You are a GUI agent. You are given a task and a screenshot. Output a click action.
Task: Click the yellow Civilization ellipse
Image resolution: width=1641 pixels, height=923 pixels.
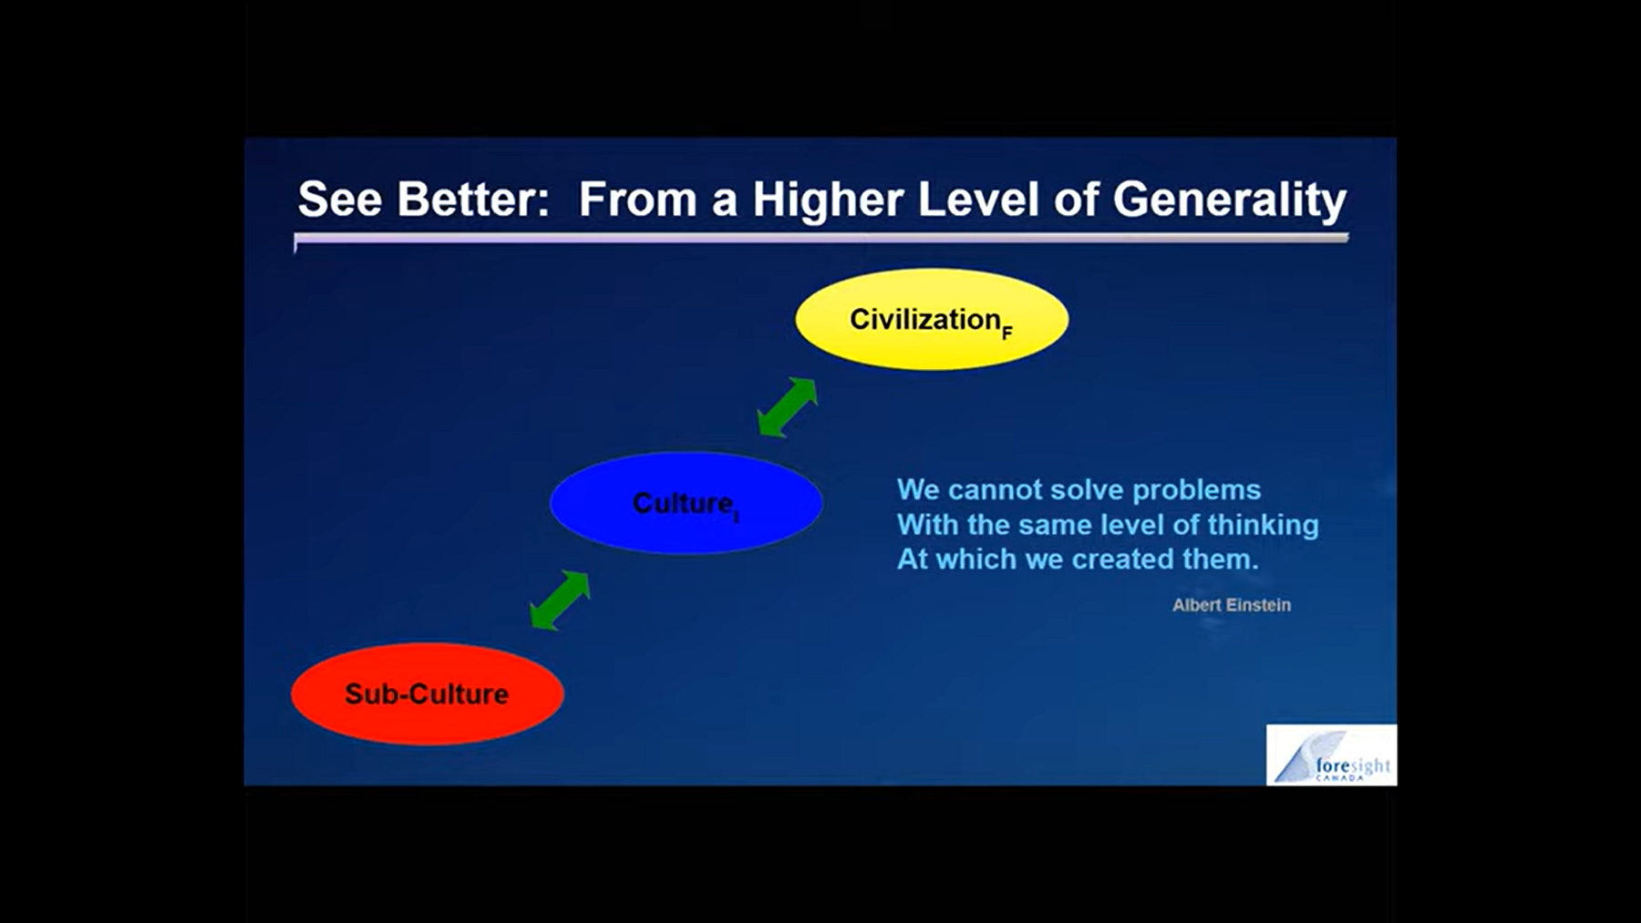pyautogui.click(x=932, y=319)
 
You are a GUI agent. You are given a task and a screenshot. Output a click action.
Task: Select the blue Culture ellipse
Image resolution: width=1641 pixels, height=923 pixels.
pyautogui.click(x=686, y=503)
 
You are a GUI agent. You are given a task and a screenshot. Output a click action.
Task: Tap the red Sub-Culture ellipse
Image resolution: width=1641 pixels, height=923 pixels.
pyautogui.click(x=428, y=694)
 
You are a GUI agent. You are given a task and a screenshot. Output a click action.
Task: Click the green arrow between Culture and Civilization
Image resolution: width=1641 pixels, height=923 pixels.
pyautogui.click(x=788, y=407)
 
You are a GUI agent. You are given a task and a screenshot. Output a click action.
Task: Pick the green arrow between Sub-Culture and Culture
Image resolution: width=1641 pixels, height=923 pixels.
pyautogui.click(x=560, y=600)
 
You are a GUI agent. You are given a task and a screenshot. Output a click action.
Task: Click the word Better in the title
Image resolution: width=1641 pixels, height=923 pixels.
pyautogui.click(x=473, y=199)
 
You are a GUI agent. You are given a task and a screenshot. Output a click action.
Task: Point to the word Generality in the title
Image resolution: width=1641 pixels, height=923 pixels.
pyautogui.click(x=1230, y=200)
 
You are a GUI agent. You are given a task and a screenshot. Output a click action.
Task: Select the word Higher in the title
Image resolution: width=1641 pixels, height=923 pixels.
pyautogui.click(x=827, y=200)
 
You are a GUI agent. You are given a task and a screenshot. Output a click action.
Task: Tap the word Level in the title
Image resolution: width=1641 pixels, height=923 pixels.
pyautogui.click(x=977, y=199)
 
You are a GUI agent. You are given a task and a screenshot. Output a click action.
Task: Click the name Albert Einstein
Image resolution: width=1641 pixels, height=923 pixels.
pyautogui.click(x=1232, y=605)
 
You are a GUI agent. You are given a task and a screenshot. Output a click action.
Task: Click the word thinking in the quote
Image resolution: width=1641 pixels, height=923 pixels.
pyautogui.click(x=1264, y=526)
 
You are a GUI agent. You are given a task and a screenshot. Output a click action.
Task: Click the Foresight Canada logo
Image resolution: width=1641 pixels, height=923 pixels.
pyautogui.click(x=1331, y=754)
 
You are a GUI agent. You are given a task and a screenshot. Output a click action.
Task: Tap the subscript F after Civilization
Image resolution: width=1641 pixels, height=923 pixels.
pyautogui.click(x=1007, y=333)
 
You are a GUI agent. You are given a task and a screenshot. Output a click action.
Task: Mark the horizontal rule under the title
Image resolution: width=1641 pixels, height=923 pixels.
pyautogui.click(x=821, y=239)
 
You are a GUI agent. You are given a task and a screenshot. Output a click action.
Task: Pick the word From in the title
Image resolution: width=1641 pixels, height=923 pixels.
pyautogui.click(x=638, y=199)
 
